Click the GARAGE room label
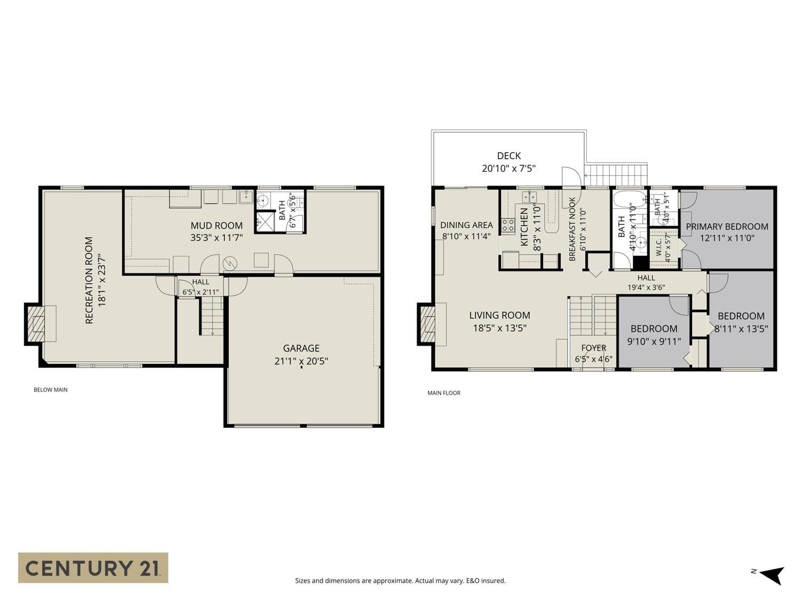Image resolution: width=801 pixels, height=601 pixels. click(301, 348)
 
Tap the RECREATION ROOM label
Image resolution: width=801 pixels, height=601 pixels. click(89, 280)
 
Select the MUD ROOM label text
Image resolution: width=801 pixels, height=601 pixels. click(216, 225)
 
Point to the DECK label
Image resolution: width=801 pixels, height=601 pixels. click(509, 156)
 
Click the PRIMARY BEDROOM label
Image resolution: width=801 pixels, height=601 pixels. click(727, 227)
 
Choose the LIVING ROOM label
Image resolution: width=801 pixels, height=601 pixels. click(500, 315)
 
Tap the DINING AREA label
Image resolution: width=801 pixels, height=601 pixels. click(466, 225)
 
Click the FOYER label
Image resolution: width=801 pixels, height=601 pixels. click(594, 348)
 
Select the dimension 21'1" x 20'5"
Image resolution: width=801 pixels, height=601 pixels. click(301, 361)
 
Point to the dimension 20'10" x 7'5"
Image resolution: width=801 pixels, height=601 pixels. click(509, 169)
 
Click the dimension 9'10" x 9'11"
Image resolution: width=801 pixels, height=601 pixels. click(654, 341)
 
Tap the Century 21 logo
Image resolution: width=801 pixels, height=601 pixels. click(93, 568)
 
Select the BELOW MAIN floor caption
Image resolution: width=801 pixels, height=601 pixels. click(50, 390)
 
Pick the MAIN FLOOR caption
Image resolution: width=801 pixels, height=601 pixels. click(444, 393)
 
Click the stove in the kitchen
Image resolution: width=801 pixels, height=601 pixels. click(508, 225)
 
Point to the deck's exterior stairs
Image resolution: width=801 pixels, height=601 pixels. click(616, 175)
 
